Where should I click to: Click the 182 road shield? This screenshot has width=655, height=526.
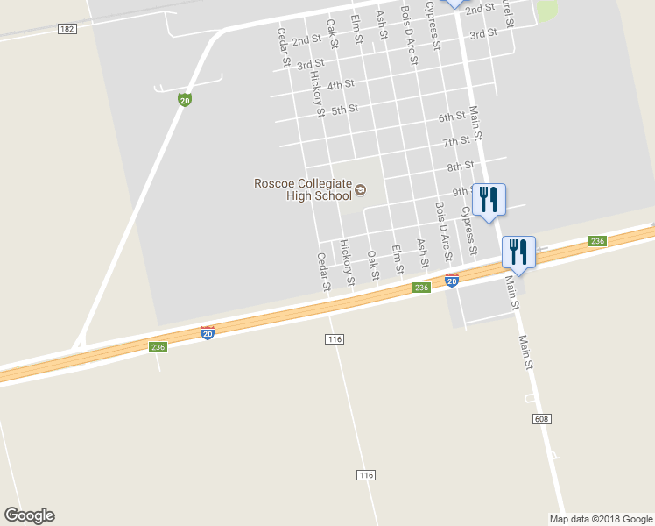coord(67,29)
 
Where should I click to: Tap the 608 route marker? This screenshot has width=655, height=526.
coord(541,420)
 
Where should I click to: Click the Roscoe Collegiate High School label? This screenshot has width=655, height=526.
coord(303,189)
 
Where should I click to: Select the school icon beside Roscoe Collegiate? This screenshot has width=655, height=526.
coord(360,189)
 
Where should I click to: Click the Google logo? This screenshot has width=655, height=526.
coord(29,515)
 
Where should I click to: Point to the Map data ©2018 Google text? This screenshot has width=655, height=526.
coord(601,518)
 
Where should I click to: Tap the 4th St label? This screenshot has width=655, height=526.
coord(340,85)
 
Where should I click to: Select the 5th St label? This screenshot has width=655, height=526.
coord(345,110)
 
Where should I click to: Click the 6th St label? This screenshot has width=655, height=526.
coord(452,117)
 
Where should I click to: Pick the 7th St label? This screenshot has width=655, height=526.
coord(456,141)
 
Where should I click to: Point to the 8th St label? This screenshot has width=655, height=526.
coord(460,166)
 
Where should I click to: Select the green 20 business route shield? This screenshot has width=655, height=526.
coord(185,100)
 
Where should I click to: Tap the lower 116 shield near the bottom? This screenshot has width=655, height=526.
coord(366,474)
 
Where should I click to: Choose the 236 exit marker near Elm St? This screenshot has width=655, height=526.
coord(421,288)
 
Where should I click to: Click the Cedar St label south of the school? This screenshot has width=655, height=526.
coord(323,272)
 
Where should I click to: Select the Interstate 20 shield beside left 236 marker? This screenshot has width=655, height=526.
coord(208,333)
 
